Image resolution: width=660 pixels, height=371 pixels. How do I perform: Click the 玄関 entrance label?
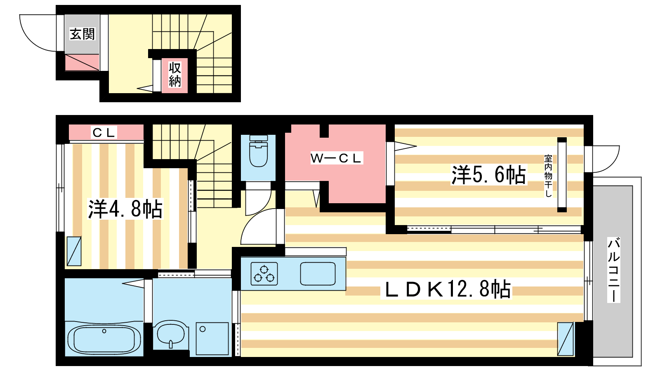[82, 34]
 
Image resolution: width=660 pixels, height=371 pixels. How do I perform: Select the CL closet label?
[104, 132]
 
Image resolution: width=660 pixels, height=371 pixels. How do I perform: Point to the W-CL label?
[336, 158]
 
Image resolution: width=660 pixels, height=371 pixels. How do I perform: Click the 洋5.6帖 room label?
[488, 175]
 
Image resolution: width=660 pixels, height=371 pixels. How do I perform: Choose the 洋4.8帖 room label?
[125, 209]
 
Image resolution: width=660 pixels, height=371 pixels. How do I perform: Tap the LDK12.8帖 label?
[448, 289]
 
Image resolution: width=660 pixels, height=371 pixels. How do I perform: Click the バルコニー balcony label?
[614, 270]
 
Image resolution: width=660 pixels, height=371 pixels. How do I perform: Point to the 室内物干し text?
[548, 176]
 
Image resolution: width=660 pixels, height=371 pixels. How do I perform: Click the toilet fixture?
[258, 151]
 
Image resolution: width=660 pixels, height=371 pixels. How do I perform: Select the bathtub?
[104, 339]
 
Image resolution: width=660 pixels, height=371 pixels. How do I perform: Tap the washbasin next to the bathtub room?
[171, 334]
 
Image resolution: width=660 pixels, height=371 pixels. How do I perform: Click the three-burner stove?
[264, 274]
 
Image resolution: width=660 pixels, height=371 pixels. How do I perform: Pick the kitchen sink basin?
[318, 274]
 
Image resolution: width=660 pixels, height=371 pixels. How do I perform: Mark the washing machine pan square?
[212, 338]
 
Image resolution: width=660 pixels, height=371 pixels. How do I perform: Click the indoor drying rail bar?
[562, 175]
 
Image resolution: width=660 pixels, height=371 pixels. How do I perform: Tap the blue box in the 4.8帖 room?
[74, 251]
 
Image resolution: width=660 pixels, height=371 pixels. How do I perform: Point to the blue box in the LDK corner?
[565, 339]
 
